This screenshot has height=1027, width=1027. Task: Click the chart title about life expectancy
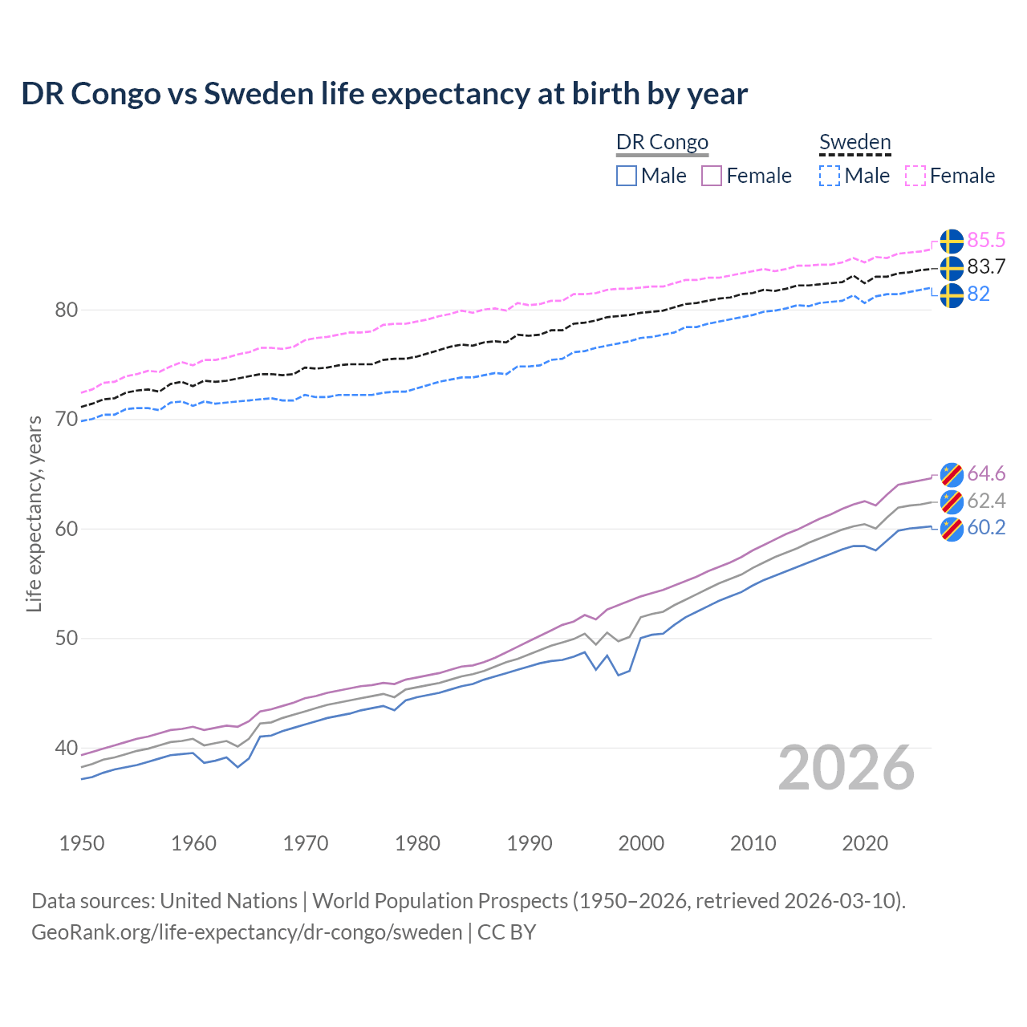tap(384, 94)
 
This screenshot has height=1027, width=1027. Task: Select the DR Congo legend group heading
tap(662, 142)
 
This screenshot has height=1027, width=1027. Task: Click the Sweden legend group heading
tap(854, 142)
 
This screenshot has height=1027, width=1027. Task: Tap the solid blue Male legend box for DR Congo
tap(627, 176)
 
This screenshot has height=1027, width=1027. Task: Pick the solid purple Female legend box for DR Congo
tap(712, 176)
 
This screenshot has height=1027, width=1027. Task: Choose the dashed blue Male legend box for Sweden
tap(830, 176)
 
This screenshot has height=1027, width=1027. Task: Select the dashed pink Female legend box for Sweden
tap(915, 176)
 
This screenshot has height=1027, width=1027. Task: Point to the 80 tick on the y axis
tap(66, 310)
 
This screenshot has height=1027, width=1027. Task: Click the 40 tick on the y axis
tap(66, 748)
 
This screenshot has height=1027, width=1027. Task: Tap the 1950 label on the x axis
tap(82, 843)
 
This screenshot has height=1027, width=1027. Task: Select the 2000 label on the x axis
tap(641, 843)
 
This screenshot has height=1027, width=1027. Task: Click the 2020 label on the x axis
tap(865, 843)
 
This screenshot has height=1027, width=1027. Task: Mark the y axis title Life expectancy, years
tap(34, 513)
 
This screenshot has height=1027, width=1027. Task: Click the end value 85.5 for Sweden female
tap(986, 240)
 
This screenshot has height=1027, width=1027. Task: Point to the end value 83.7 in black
tap(986, 266)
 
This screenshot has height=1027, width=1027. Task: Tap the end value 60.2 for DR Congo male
tap(986, 527)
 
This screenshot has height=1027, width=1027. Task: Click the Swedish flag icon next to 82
tap(952, 294)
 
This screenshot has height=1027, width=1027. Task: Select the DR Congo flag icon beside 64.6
tap(952, 474)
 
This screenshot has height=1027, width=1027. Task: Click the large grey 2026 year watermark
tap(846, 768)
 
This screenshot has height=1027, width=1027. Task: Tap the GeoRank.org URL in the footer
tap(246, 932)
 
